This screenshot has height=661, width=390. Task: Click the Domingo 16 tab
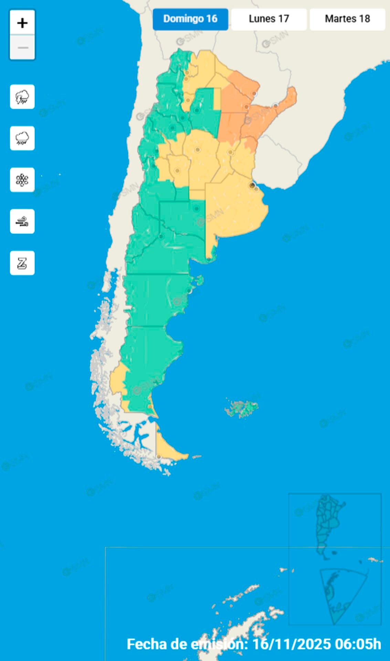pyautogui.click(x=190, y=19)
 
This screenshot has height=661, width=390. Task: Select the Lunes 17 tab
pyautogui.click(x=269, y=19)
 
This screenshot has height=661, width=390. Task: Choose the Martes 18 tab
pyautogui.click(x=347, y=19)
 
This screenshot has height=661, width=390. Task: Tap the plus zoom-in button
pyautogui.click(x=22, y=23)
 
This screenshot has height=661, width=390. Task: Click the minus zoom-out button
pyautogui.click(x=22, y=48)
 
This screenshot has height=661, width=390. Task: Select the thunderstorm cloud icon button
pyautogui.click(x=22, y=97)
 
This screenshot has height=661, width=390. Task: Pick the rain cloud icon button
pyautogui.click(x=22, y=138)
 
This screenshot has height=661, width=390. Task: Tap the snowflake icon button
pyautogui.click(x=22, y=180)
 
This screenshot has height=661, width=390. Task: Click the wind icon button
pyautogui.click(x=22, y=221)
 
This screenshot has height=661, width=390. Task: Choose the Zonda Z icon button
pyautogui.click(x=22, y=263)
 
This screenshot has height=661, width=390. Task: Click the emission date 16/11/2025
pyautogui.click(x=292, y=644)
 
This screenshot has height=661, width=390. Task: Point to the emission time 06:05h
pyautogui.click(x=358, y=644)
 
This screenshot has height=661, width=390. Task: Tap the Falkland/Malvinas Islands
pyautogui.click(x=242, y=409)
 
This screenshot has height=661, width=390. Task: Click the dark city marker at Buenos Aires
pyautogui.click(x=252, y=185)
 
